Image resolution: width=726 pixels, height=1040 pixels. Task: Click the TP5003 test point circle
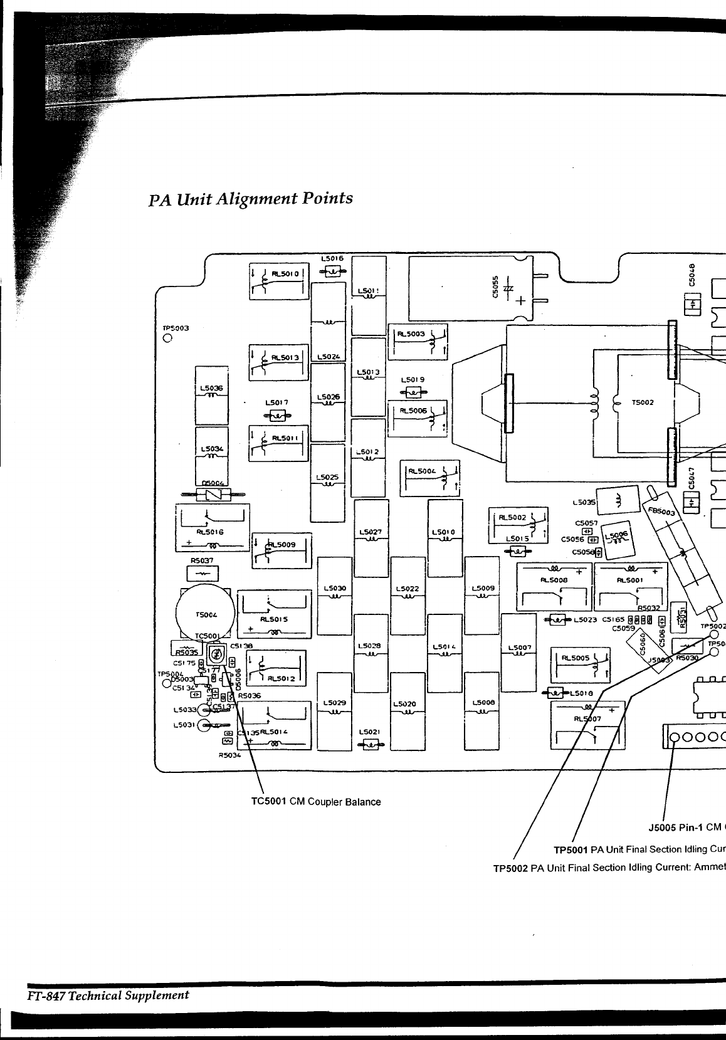pos(167,339)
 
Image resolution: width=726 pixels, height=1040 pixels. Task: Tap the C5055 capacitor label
pos(494,288)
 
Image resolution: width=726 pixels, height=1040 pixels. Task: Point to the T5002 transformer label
pos(644,402)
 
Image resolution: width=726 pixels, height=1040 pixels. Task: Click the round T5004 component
pos(204,614)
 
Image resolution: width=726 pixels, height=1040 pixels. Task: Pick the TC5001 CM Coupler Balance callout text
pos(315,802)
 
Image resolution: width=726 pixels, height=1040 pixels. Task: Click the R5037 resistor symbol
pos(203,573)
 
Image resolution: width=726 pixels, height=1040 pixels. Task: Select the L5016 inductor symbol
pos(332,271)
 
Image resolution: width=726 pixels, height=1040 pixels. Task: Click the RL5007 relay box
pos(587,726)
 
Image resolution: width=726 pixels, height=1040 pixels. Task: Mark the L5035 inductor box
pos(614,502)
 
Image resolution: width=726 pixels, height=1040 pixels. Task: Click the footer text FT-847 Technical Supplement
pos(107,995)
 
